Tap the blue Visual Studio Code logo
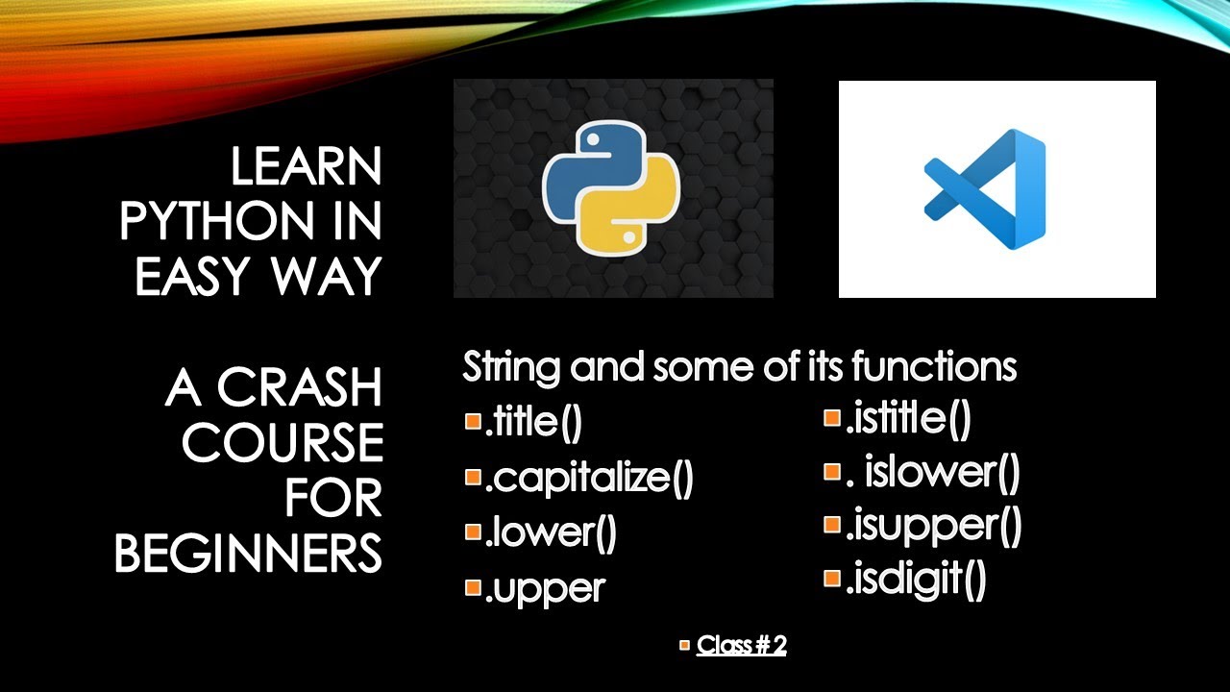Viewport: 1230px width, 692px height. pyautogui.click(x=985, y=188)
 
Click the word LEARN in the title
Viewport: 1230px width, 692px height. pyautogui.click(x=306, y=169)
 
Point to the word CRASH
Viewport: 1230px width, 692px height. pyautogui.click(x=300, y=388)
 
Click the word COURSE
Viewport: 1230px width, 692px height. pyautogui.click(x=283, y=443)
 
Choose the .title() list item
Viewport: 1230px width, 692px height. pyautogui.click(x=534, y=423)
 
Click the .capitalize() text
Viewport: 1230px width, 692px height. pyautogui.click(x=589, y=479)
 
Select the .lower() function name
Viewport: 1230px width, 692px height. pyautogui.click(x=551, y=533)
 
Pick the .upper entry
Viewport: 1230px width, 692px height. pyautogui.click(x=545, y=588)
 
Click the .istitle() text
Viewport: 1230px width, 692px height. pyautogui.click(x=908, y=419)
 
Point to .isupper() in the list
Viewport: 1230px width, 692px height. pyautogui.click(x=933, y=526)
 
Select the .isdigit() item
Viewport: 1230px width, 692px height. pyautogui.click(x=916, y=581)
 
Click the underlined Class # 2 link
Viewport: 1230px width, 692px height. pyautogui.click(x=742, y=645)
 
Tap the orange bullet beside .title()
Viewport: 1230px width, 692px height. pyautogui.click(x=472, y=421)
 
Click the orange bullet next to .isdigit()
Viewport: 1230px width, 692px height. pyautogui.click(x=832, y=579)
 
